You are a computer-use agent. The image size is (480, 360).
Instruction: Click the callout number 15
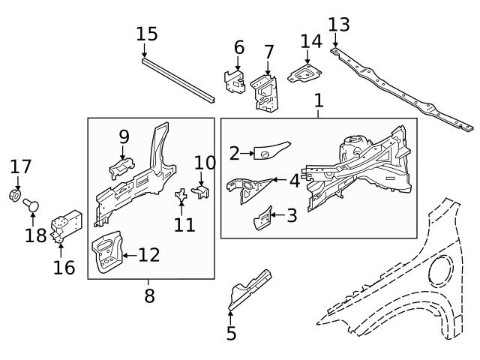pyautogui.click(x=147, y=34)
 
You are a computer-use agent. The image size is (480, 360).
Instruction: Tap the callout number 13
pyautogui.click(x=338, y=24)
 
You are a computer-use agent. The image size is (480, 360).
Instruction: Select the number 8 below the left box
pyautogui.click(x=149, y=295)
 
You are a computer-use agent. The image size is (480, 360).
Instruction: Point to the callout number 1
pyautogui.click(x=319, y=100)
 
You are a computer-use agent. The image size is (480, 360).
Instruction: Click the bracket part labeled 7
pyautogui.click(x=263, y=90)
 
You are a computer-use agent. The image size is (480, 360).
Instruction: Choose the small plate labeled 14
pyautogui.click(x=304, y=73)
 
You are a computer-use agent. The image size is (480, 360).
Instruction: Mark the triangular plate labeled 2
pyautogui.click(x=271, y=149)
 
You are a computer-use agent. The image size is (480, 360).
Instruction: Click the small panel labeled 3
pyautogui.click(x=261, y=218)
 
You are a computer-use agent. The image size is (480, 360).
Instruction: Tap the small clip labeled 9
pyautogui.click(x=123, y=166)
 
